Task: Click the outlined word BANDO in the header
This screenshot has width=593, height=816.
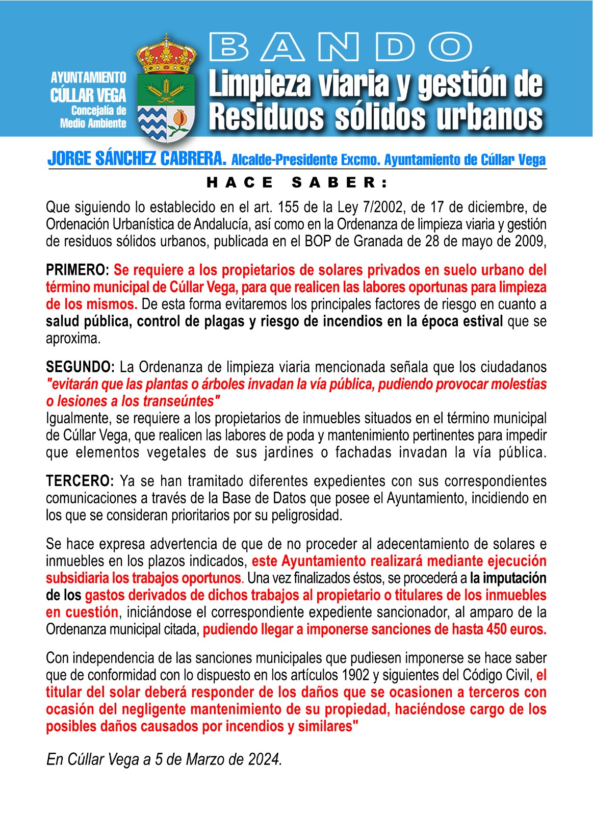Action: [x=341, y=47]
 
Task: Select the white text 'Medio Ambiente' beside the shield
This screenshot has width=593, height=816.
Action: [x=93, y=123]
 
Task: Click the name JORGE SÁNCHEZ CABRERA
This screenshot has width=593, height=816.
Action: [x=137, y=159]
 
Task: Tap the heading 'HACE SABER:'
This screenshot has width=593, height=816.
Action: [x=297, y=182]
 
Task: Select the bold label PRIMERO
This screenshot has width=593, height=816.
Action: [x=75, y=270]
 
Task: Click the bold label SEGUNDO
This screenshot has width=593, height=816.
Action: [x=79, y=367]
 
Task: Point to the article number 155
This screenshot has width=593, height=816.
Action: [x=289, y=207]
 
